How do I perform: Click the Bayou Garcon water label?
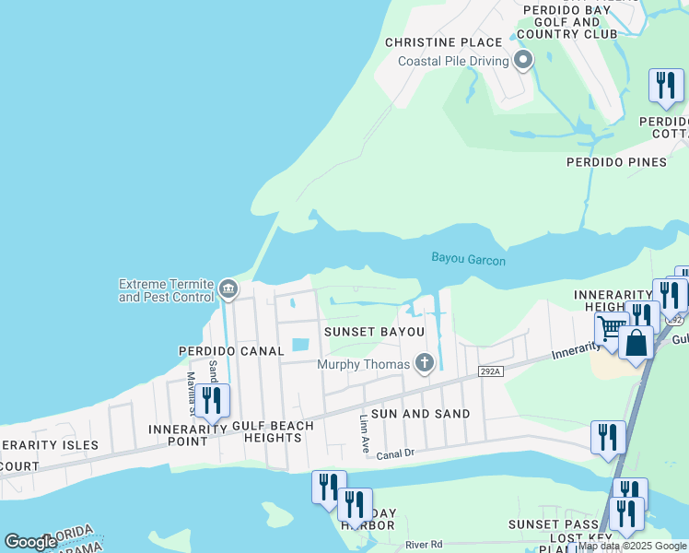point(468,260)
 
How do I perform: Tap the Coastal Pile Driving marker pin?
point(523,62)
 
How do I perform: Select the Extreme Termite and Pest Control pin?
point(228,290)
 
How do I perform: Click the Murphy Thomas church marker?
point(424,363)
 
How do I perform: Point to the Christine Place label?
point(443,42)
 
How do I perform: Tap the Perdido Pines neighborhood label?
point(616,162)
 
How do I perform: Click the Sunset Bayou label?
point(373,331)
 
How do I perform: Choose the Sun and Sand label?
point(419,414)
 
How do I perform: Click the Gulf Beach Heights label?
point(273,432)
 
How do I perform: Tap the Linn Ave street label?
point(363,434)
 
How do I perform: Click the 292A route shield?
point(491,371)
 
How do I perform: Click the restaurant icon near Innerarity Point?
point(212,402)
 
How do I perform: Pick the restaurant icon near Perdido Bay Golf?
point(665,86)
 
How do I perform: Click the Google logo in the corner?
point(29,542)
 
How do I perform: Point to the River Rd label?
point(424,546)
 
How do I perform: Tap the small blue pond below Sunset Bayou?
point(300,346)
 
